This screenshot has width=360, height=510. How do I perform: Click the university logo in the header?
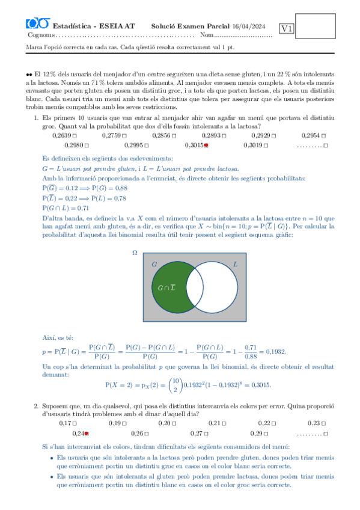pos(38,24)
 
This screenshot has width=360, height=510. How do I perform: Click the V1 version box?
pos(287,28)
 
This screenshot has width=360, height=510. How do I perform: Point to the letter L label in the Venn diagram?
pos(235,263)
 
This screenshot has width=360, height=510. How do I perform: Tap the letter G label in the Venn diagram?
pos(154,264)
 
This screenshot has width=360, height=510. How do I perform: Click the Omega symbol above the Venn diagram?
pos(135,253)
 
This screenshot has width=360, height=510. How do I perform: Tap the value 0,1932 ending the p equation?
pos(275,352)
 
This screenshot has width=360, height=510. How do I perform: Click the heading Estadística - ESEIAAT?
pos(94,26)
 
